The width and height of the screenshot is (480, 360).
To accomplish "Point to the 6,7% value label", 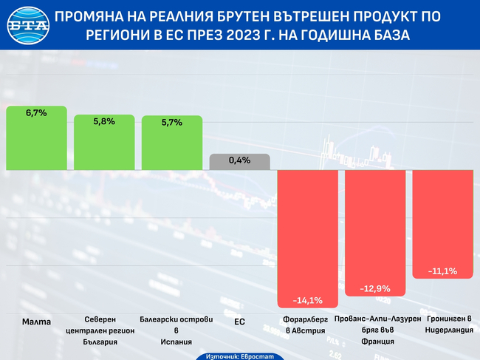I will point(36,113).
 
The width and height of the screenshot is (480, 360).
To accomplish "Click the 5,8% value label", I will point(104,121).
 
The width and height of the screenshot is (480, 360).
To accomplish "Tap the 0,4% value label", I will point(240,160).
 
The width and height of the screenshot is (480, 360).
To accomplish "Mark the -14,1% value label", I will point(306,300).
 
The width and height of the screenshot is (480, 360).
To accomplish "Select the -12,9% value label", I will point(374,288).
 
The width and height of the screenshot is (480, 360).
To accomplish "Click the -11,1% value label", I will point(442,271).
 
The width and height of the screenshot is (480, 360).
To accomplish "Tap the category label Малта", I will point(36,322).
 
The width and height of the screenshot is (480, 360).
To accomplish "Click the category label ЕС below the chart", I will point(239,322).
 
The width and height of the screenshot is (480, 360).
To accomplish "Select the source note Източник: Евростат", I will point(239,356).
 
